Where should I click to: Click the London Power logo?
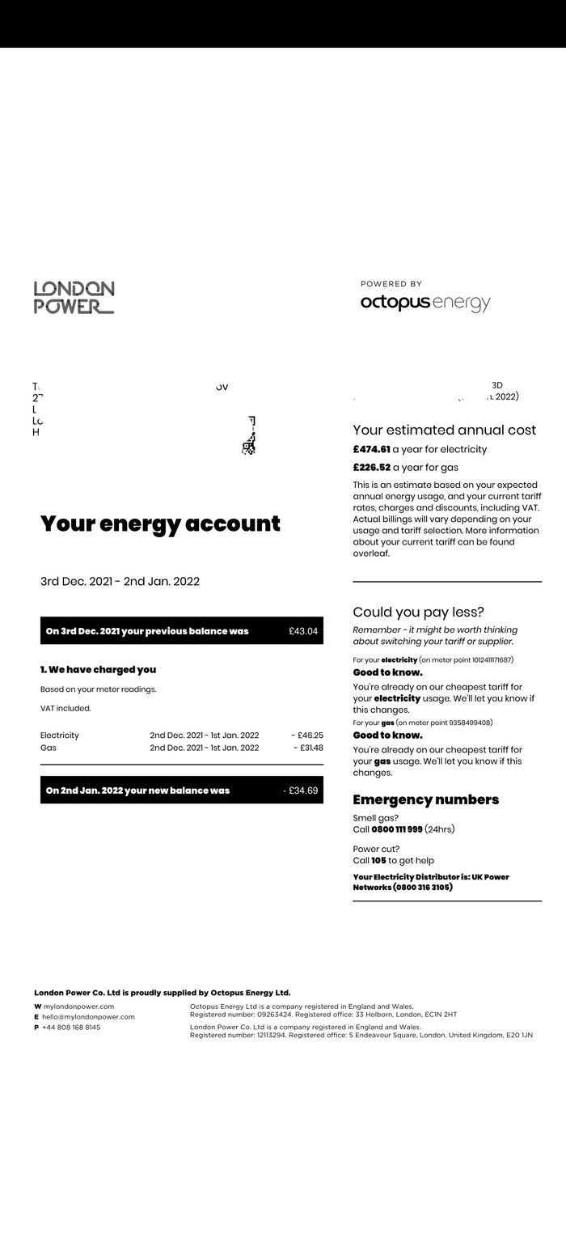point(74,297)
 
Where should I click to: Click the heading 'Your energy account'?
point(160,524)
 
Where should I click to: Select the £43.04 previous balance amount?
point(303,631)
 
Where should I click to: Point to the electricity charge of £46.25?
point(307,735)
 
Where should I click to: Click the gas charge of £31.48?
point(309,748)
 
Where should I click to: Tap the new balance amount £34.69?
point(301,791)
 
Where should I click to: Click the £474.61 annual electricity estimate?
point(371,449)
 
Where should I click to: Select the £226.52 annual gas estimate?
point(371,467)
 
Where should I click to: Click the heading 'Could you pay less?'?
point(418,613)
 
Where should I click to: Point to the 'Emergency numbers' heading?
point(425,799)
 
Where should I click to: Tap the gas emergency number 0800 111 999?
point(396,829)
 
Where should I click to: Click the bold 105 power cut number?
point(378,860)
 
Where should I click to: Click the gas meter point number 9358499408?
point(458,723)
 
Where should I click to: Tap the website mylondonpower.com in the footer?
point(78,1007)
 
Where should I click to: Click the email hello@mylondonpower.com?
point(88,1017)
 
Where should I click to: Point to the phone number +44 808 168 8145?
point(71,1028)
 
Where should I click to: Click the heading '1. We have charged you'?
point(98,670)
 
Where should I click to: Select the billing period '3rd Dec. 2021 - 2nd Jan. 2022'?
point(120,581)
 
